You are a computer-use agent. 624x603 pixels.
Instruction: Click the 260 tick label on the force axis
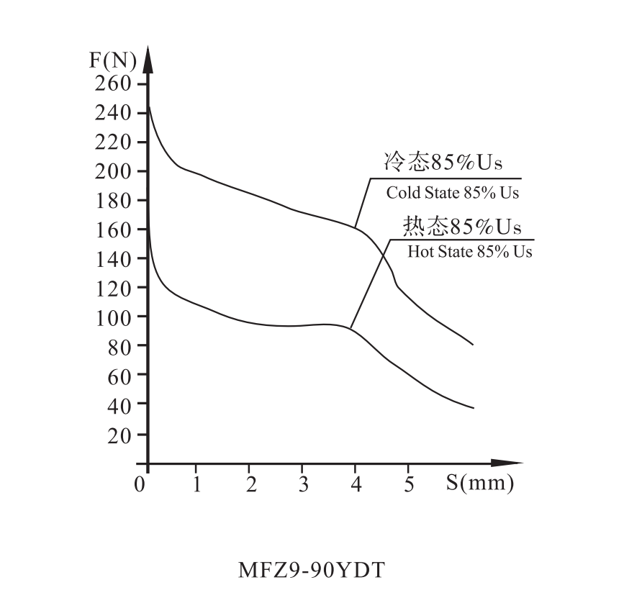pyautogui.click(x=114, y=84)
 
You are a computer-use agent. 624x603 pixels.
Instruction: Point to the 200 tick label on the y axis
pyautogui.click(x=114, y=172)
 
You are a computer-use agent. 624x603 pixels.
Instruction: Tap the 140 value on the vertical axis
pyautogui.click(x=114, y=259)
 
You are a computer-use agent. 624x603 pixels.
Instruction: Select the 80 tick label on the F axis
pyautogui.click(x=119, y=347)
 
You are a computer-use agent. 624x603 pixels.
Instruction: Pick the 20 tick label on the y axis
pyautogui.click(x=119, y=435)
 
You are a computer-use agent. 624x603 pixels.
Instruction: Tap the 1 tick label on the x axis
pyautogui.click(x=196, y=484)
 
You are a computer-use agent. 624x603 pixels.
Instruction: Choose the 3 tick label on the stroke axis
pyautogui.click(x=303, y=484)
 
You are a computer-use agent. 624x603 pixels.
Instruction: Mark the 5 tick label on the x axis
pyautogui.click(x=409, y=484)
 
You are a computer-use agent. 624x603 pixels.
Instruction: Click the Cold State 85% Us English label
pyautogui.click(x=453, y=193)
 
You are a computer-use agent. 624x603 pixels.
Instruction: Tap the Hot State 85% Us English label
pyautogui.click(x=470, y=253)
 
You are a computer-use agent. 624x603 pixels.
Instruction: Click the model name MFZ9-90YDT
pyautogui.click(x=312, y=571)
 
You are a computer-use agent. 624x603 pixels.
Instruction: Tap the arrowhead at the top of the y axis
pyautogui.click(x=148, y=56)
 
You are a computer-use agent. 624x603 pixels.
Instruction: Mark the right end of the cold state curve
pyautogui.click(x=473, y=345)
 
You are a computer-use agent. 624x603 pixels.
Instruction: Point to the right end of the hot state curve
pyautogui.click(x=474, y=408)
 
